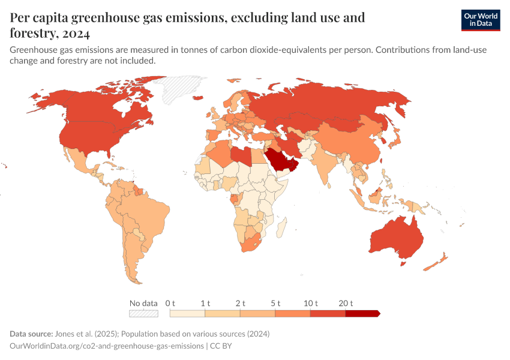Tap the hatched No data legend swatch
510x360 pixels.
click(x=144, y=313)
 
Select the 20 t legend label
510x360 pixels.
click(x=346, y=303)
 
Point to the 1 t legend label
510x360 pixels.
click(x=205, y=303)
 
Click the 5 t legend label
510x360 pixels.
click(x=275, y=303)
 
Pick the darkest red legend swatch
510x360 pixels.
click(x=362, y=313)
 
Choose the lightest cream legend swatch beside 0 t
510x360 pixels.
click(x=187, y=313)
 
